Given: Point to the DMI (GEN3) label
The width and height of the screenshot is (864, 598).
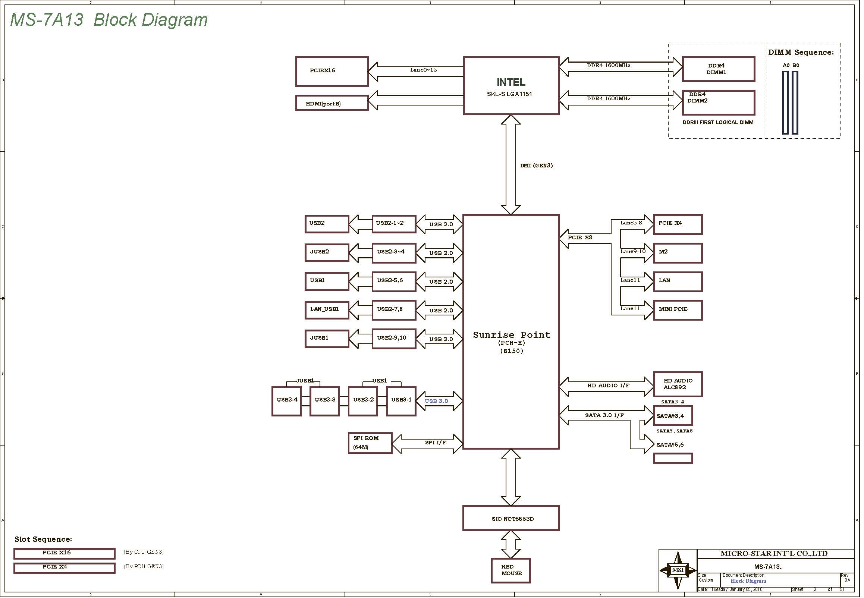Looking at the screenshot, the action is click(x=537, y=166).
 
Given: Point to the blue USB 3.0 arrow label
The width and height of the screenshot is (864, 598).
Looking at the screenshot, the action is click(x=436, y=401).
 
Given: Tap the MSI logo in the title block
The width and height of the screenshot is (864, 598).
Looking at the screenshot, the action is click(x=678, y=570).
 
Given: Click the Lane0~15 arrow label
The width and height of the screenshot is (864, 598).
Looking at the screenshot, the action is click(x=423, y=70).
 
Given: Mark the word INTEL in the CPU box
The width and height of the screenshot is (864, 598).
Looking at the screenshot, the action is click(x=511, y=82).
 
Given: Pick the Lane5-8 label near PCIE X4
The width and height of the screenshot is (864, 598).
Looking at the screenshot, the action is click(x=631, y=223).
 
